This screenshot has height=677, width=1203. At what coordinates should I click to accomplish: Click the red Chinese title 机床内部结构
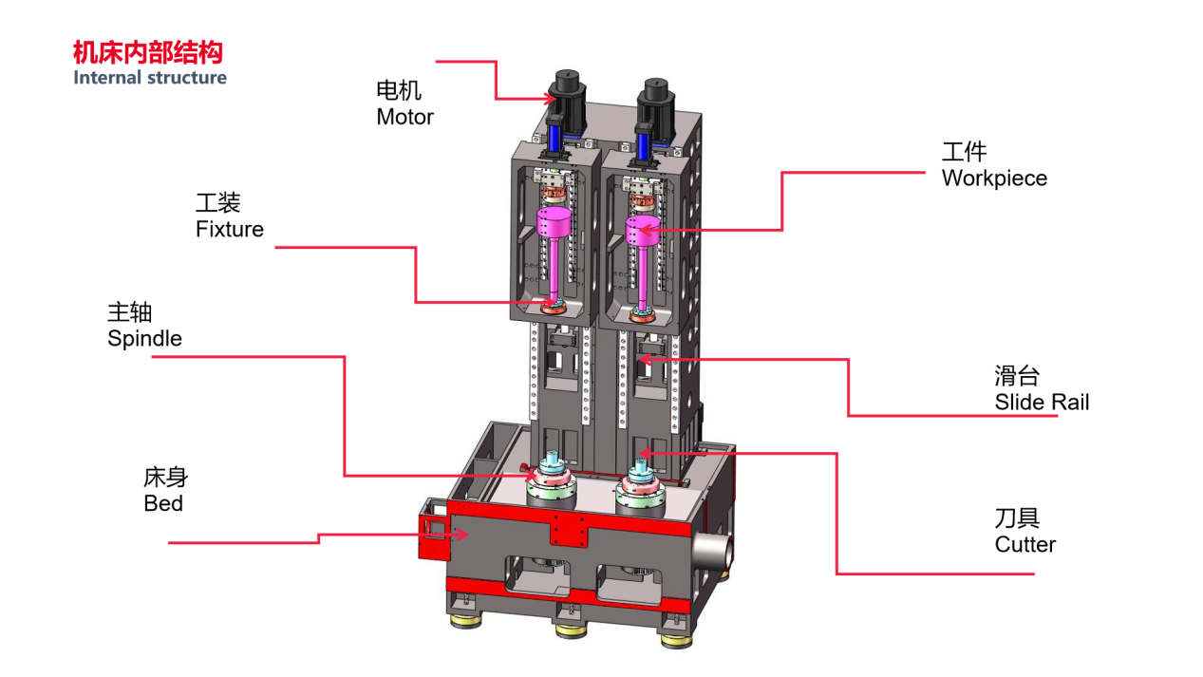148,52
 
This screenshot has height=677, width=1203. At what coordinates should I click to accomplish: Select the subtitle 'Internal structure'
150,78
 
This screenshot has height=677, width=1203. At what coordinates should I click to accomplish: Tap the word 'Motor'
404,117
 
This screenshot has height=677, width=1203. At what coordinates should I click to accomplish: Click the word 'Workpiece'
994,179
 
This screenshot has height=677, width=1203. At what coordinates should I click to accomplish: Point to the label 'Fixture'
230,229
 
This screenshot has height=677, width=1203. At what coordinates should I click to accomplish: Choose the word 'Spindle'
144,338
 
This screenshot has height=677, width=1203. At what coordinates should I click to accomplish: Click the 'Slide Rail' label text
1042,402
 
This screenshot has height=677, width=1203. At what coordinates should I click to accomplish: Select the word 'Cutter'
1024,544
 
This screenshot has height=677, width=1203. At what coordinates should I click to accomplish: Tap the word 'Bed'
163,503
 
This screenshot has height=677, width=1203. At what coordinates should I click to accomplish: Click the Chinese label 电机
399,91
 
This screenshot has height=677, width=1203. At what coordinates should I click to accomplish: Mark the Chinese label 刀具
1017,517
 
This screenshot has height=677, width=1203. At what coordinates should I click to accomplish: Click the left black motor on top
568,90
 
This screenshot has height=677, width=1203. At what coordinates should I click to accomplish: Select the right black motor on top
655,98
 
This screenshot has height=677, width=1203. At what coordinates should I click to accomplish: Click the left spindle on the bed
551,484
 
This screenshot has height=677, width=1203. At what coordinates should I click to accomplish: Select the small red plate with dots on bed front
568,528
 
